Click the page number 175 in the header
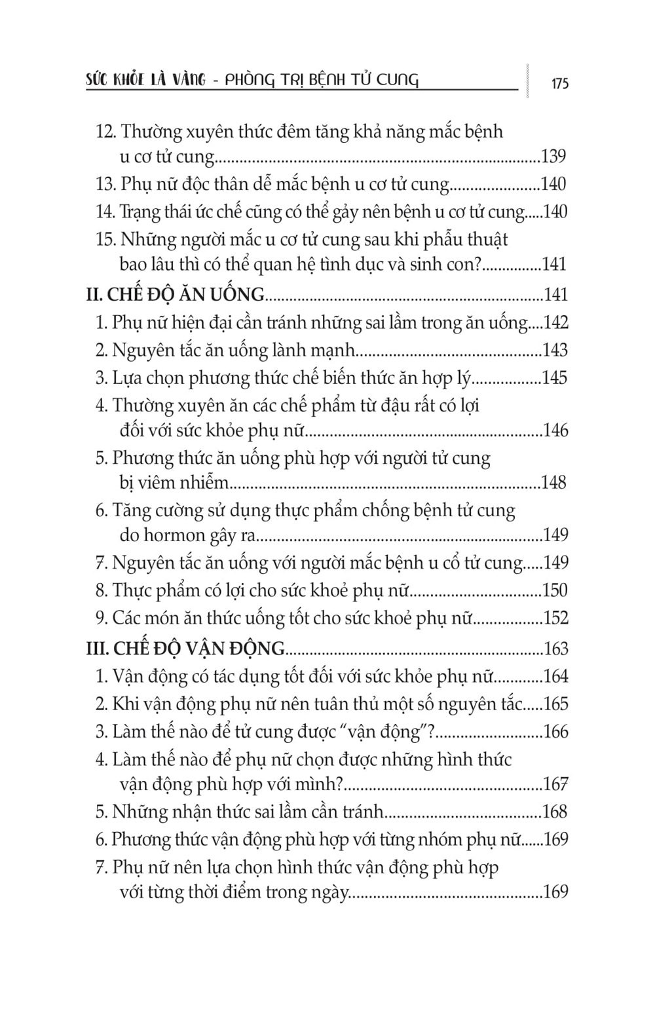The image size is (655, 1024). [559, 84]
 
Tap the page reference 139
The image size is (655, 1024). [553, 157]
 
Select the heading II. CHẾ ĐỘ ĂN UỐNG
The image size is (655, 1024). [175, 295]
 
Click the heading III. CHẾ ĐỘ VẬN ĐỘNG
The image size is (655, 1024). [185, 649]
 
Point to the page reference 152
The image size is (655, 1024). [555, 618]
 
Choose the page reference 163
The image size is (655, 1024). [556, 649]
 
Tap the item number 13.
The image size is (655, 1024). [105, 185]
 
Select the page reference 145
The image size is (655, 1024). [555, 378]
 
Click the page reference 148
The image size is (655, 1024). [553, 483]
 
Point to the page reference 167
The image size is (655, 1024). [555, 784]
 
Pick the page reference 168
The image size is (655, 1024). [555, 812]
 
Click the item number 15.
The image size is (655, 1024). [105, 240]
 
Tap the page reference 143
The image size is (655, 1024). [555, 351]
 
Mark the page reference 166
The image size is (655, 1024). [555, 732]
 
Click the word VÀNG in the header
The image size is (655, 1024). [178, 81]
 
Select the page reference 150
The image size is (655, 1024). [555, 591]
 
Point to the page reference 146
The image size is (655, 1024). [555, 430]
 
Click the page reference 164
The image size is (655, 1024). [555, 677]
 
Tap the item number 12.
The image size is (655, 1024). [105, 132]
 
